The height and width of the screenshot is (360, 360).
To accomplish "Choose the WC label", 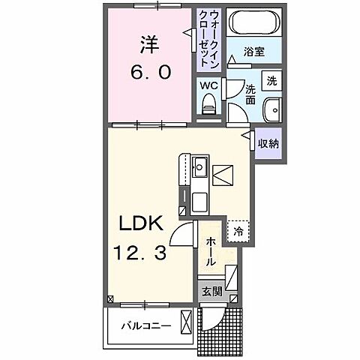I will pos(208,85).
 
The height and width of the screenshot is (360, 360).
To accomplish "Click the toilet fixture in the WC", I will pos(209,105).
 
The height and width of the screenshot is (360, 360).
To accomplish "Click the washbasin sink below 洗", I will pos(274,109).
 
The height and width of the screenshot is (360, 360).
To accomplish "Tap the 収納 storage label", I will pos(268,142).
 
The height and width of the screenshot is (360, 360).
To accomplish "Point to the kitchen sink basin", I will pos(200,166).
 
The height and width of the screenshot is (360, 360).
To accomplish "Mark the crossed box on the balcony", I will pos(186,325).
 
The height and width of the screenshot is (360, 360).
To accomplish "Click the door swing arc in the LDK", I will pos(183,234).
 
